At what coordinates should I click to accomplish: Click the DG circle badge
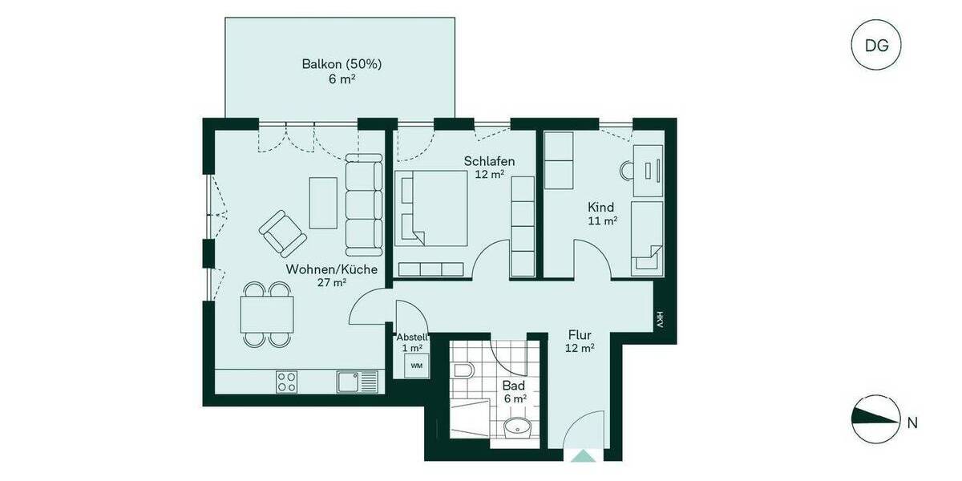pos(876,45)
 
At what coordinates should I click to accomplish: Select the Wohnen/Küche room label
pos(331,270)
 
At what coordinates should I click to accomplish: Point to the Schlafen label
pos(489,161)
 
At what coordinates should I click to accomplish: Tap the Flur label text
pos(580,334)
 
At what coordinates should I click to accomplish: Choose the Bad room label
pos(513,386)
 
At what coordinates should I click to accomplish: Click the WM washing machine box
pos(416,366)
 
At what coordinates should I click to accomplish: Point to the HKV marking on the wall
pos(660,320)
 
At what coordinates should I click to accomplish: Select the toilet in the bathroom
pos(463,371)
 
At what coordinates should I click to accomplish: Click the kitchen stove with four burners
pos(287,382)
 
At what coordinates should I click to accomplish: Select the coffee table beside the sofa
pos(324,202)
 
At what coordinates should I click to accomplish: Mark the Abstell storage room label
pos(412,338)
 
